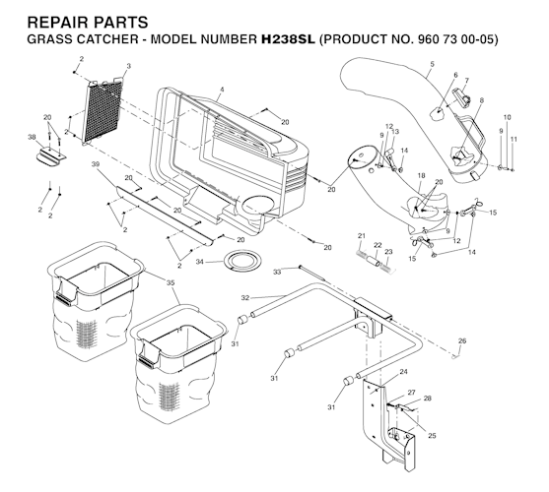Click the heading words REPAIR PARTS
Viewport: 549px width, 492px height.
tap(88, 23)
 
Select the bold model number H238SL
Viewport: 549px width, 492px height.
tap(288, 39)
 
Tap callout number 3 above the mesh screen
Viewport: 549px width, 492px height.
tap(128, 66)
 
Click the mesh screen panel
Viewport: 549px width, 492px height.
tap(103, 110)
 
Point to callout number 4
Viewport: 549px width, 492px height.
tap(222, 90)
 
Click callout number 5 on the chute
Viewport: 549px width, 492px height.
tap(433, 64)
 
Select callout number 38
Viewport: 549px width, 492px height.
tap(32, 138)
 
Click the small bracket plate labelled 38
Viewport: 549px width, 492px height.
tap(51, 156)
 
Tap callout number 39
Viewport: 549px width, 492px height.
tap(95, 164)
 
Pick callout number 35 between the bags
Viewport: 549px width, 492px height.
tap(171, 282)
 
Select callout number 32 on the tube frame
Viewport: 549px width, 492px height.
tap(245, 298)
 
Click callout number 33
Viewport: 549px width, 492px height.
tap(277, 272)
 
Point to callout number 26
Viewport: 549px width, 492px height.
tap(462, 340)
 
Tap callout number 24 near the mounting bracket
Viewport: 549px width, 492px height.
tap(404, 372)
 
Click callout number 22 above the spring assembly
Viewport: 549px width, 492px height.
tap(377, 245)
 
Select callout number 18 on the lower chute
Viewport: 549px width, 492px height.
tap(421, 175)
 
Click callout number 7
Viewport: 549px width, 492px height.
tap(466, 81)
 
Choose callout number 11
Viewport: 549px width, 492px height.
tap(514, 139)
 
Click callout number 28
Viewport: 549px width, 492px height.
tap(427, 398)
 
